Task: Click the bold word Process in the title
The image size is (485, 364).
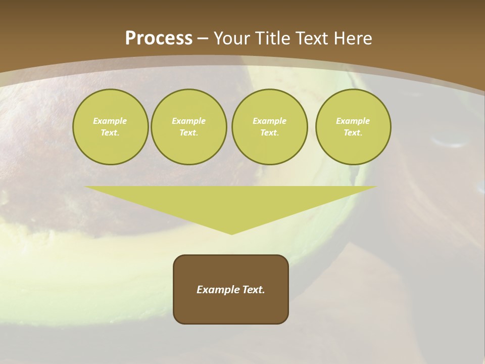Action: coord(159,38)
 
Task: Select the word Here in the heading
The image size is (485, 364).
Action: coord(354,38)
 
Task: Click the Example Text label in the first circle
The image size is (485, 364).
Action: coord(110,127)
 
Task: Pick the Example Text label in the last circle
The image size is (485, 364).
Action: coord(353,127)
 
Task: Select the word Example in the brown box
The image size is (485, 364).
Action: coord(217,290)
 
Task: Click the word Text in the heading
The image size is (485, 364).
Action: coord(313,38)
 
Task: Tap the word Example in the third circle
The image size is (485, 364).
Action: coord(269,121)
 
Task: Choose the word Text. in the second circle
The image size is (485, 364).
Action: coord(188,132)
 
